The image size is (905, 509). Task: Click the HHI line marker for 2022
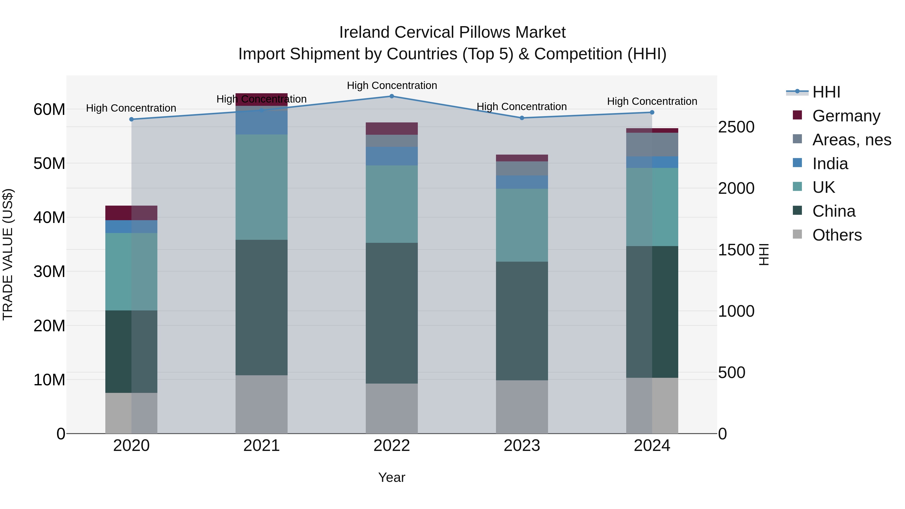[392, 96]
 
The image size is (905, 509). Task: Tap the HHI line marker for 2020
[131, 119]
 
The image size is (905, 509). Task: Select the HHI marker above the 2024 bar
[652, 112]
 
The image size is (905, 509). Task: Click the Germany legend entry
[846, 116]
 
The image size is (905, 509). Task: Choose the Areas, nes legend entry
[852, 140]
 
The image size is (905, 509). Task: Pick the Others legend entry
[837, 235]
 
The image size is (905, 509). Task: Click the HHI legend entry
[826, 92]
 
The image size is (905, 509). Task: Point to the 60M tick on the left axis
[49, 110]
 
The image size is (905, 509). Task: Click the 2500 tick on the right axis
[736, 127]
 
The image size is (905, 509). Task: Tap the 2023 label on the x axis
[522, 446]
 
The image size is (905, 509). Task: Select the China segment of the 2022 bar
[392, 313]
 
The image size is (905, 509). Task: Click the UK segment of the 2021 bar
[261, 187]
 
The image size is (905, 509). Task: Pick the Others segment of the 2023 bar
[522, 407]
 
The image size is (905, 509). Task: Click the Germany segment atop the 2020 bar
[131, 213]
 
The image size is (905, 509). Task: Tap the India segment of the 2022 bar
[392, 156]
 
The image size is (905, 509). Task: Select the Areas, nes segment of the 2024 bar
[652, 144]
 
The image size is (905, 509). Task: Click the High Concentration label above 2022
[392, 85]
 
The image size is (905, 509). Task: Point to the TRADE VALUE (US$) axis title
[8, 254]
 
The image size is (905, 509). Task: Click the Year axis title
[392, 477]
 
